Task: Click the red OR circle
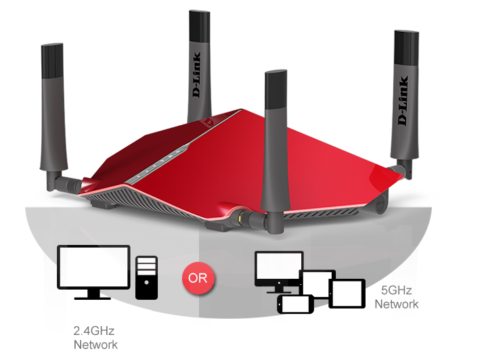(198, 278)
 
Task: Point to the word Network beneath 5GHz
(397, 304)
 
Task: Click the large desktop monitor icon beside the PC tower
(93, 268)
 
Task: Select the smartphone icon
(295, 305)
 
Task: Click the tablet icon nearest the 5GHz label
(347, 294)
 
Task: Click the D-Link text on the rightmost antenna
(403, 102)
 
